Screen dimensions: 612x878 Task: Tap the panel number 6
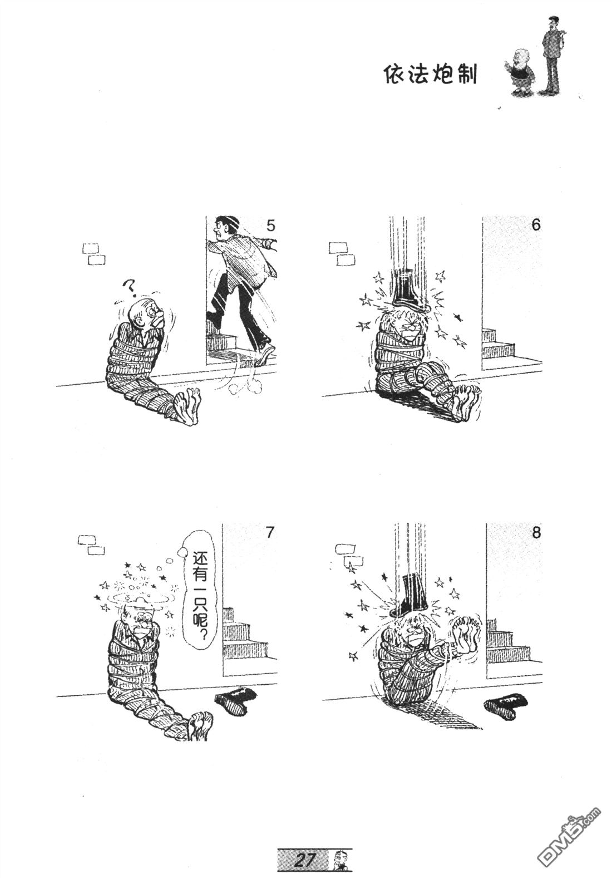coord(536,225)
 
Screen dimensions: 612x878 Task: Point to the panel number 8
coord(536,533)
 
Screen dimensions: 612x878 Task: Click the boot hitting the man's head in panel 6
coord(406,290)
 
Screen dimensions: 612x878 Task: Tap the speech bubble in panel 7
coord(199,597)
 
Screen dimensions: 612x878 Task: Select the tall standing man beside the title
coord(550,55)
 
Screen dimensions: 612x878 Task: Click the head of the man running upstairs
coord(224,226)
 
